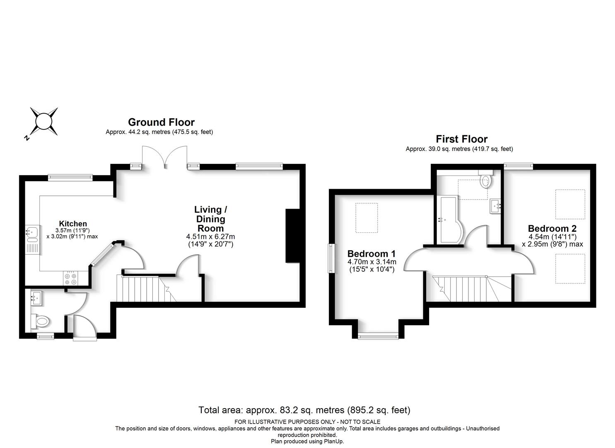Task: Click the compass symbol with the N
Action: point(43,122)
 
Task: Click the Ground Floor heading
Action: point(161,122)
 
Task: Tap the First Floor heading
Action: point(461,139)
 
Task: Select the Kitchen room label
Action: point(73,224)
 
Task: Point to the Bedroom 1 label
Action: point(371,253)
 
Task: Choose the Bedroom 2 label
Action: point(552,228)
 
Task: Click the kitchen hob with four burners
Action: point(70,278)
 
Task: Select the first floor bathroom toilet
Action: point(486,179)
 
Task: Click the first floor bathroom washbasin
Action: point(495,206)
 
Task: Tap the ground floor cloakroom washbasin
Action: point(36,299)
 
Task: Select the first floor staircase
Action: point(472,288)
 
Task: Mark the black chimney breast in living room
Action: point(292,236)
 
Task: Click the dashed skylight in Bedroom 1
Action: point(367,218)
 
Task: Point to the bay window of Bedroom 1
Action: point(378,336)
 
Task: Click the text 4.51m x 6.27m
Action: point(210,236)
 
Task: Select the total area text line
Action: point(304,410)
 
